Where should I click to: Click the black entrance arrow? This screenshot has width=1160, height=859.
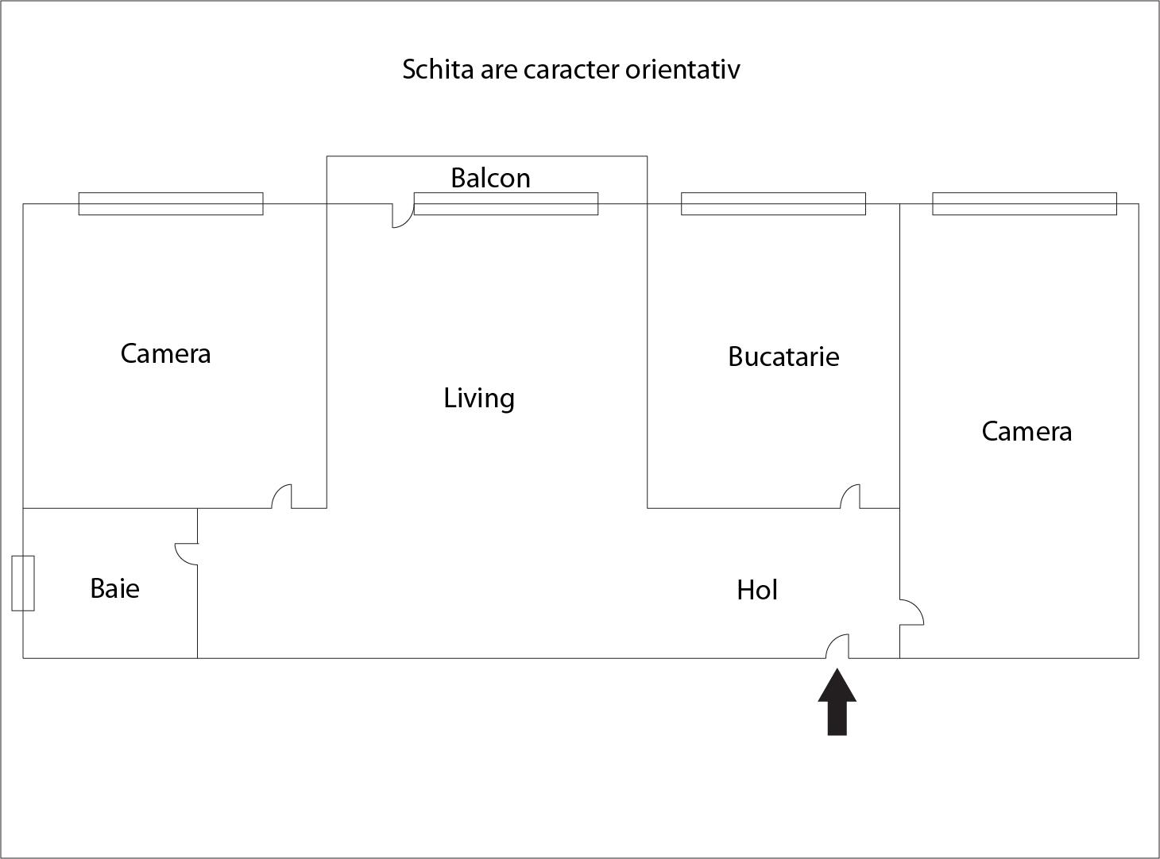click(837, 702)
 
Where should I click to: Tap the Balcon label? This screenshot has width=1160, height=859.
click(490, 178)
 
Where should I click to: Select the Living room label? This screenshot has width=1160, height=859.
click(479, 399)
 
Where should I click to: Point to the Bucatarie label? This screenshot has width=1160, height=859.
click(783, 356)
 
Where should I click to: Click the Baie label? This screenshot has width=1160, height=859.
click(114, 588)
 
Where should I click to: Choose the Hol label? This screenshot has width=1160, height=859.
click(756, 590)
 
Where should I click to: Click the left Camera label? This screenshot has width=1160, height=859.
click(165, 353)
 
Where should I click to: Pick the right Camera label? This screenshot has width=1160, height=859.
click(1027, 431)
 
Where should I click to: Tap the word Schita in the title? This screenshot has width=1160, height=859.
click(438, 69)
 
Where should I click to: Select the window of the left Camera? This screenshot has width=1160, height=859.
click(171, 203)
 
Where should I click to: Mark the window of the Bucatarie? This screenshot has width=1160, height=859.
click(773, 203)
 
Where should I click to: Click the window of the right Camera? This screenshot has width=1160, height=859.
click(1025, 203)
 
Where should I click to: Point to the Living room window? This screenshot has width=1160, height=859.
click(506, 203)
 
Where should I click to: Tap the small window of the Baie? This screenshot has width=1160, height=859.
click(23, 583)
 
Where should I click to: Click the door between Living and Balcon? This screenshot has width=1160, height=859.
click(404, 215)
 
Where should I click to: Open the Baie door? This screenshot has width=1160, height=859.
click(186, 554)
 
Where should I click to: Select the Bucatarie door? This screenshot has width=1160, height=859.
click(850, 496)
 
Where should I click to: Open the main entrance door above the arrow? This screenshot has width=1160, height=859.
click(837, 645)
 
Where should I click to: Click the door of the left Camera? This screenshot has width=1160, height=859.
click(282, 496)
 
